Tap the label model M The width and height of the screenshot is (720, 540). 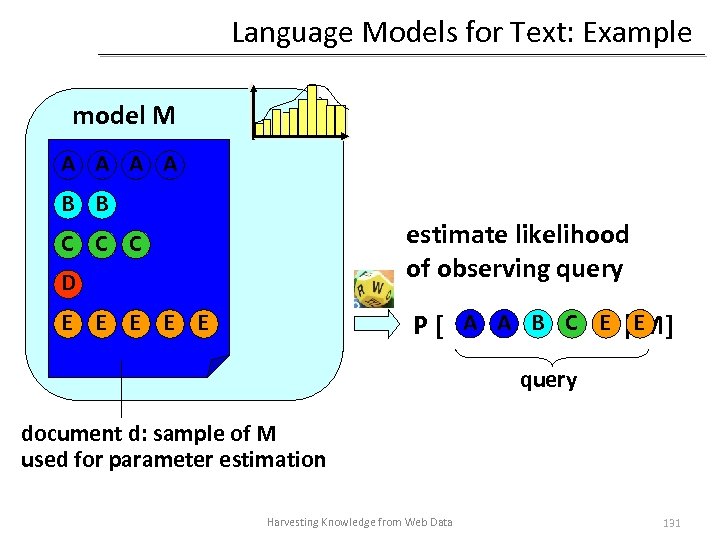(x=124, y=115)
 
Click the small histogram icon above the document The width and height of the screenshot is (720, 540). (x=302, y=111)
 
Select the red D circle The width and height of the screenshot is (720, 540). (x=67, y=283)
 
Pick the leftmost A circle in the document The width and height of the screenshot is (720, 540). (x=67, y=164)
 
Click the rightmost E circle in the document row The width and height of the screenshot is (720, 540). (x=203, y=323)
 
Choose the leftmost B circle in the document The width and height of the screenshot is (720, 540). (x=67, y=204)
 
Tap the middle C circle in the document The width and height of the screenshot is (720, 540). (x=101, y=243)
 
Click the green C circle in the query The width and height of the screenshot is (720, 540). (x=571, y=323)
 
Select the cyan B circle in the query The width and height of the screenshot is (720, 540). (x=538, y=323)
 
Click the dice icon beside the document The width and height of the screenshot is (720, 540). (x=373, y=288)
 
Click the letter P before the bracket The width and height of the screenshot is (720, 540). (x=422, y=326)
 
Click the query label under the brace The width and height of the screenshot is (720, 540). (x=548, y=380)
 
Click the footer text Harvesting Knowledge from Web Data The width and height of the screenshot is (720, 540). (x=359, y=522)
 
